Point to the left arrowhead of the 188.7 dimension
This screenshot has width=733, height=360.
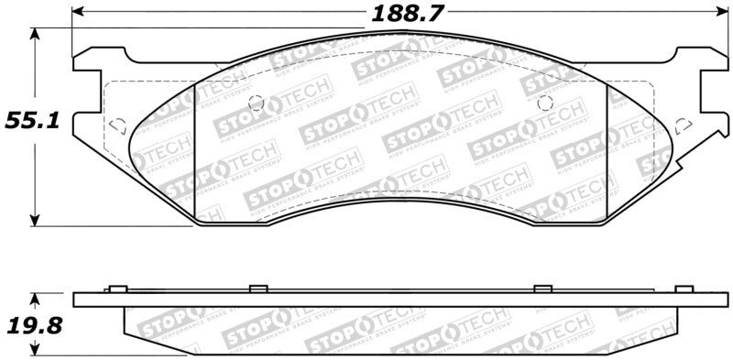pyautogui.click(x=77, y=12)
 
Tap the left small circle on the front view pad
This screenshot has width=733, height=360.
pyautogui.click(x=257, y=103)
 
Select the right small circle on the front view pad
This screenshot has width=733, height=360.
pyautogui.click(x=544, y=102)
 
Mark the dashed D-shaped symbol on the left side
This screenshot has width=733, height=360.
pyautogui.click(x=115, y=125)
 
